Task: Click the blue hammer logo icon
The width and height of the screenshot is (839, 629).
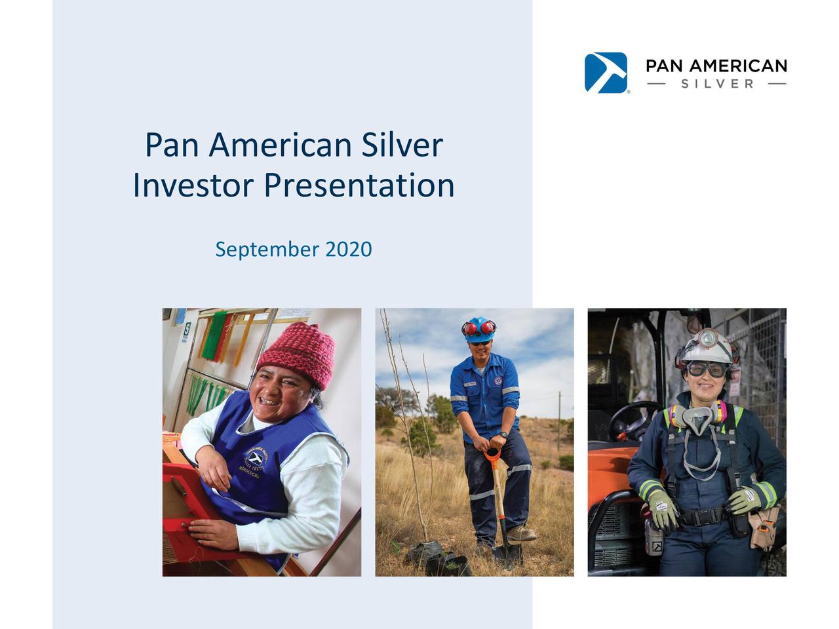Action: click(x=606, y=73)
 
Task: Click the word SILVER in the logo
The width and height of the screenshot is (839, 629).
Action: click(x=717, y=84)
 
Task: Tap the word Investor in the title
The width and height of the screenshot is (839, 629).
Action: click(x=192, y=185)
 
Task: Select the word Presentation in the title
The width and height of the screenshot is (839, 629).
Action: click(x=359, y=185)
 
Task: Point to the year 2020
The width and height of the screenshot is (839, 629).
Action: click(x=348, y=249)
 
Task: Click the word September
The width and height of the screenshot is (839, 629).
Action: click(x=267, y=250)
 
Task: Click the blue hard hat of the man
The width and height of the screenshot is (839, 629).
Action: click(x=478, y=328)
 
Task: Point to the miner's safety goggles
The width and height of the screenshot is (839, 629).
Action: click(x=706, y=370)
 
